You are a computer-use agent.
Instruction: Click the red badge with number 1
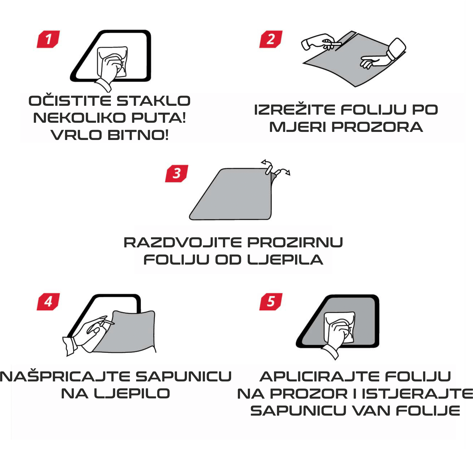tap(48, 39)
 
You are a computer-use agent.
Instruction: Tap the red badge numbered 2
tap(271, 39)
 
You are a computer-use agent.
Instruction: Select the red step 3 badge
tap(177, 174)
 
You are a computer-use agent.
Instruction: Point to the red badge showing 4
tap(48, 302)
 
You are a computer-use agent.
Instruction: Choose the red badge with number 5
tap(271, 302)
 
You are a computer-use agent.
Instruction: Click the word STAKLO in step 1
tap(154, 101)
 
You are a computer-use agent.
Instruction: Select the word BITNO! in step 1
tap(138, 135)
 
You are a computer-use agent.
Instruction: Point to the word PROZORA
tap(377, 127)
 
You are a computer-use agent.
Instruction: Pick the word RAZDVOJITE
tap(183, 242)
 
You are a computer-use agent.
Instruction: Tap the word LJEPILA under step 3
tap(285, 260)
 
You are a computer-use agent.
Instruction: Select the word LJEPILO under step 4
tap(132, 394)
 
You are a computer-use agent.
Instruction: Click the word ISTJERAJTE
tap(417, 394)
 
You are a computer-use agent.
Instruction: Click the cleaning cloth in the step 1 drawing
tap(112, 62)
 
